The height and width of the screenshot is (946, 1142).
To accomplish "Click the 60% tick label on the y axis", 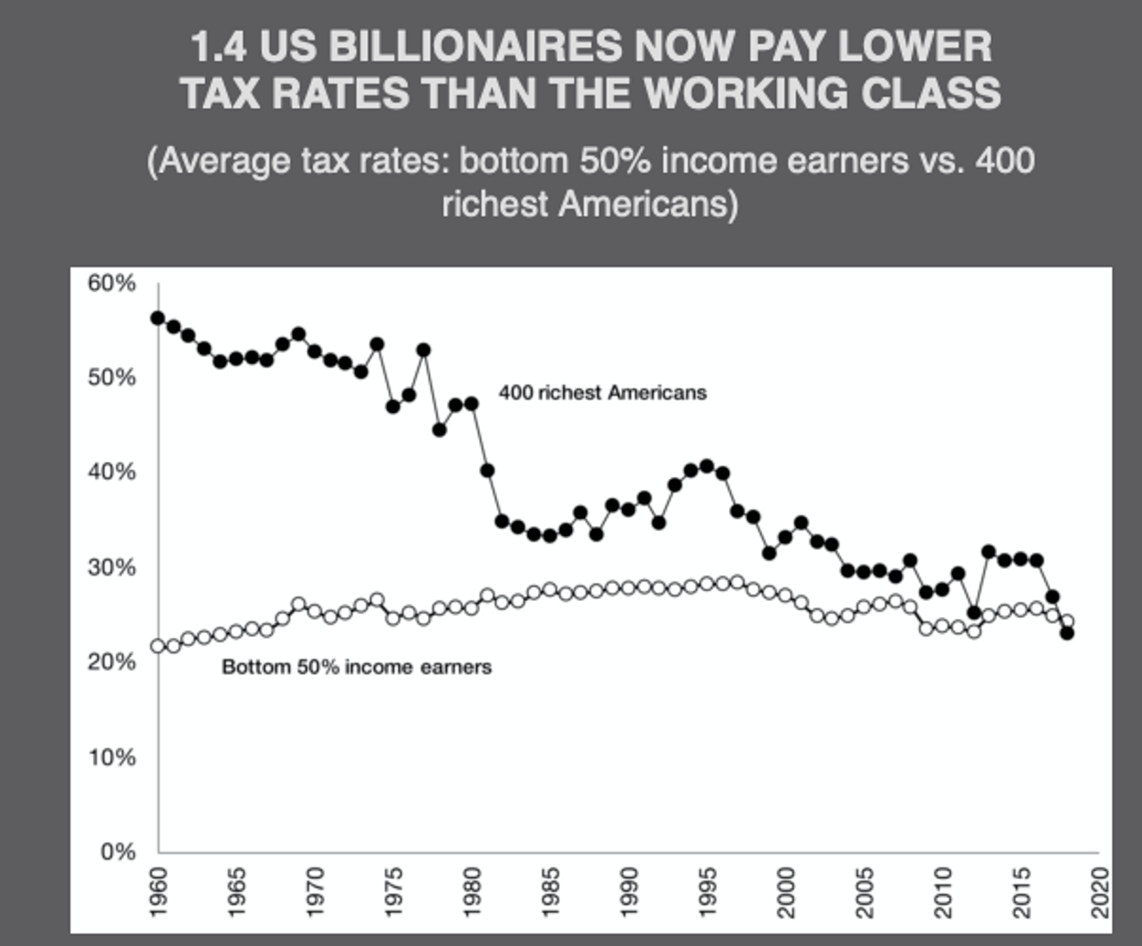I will (x=112, y=284).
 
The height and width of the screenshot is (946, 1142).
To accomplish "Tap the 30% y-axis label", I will (x=112, y=567).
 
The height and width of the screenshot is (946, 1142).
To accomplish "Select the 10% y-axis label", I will (x=112, y=757).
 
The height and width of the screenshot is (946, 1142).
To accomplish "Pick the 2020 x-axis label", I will (x=1100, y=892).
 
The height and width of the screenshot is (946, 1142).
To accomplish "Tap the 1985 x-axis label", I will (x=550, y=892).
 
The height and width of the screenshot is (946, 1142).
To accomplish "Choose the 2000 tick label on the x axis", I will (x=786, y=892).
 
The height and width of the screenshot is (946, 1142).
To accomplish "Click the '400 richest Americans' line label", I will (x=602, y=392).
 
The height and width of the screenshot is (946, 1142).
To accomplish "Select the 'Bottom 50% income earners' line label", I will (x=356, y=667).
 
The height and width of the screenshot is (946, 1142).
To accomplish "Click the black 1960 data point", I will (x=158, y=317).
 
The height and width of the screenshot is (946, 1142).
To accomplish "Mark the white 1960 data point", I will (x=158, y=646).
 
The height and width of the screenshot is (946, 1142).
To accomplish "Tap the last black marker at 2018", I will (x=1067, y=633).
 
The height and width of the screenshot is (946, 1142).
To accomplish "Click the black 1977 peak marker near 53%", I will (x=424, y=350).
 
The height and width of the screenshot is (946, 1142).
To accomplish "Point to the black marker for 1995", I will (x=707, y=465).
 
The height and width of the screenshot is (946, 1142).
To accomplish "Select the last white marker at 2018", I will (x=1067, y=621).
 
